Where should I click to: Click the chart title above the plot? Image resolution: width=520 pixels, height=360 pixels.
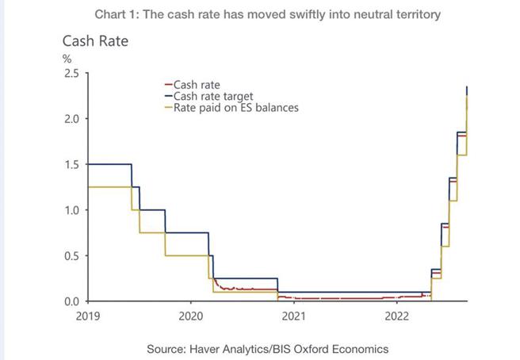tap(267, 13)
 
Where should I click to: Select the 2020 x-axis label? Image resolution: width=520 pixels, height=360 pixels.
tap(191, 316)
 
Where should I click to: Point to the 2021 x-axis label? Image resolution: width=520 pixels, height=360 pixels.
tap(294, 316)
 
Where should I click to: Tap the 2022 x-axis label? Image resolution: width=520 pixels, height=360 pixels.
tap(396, 316)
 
